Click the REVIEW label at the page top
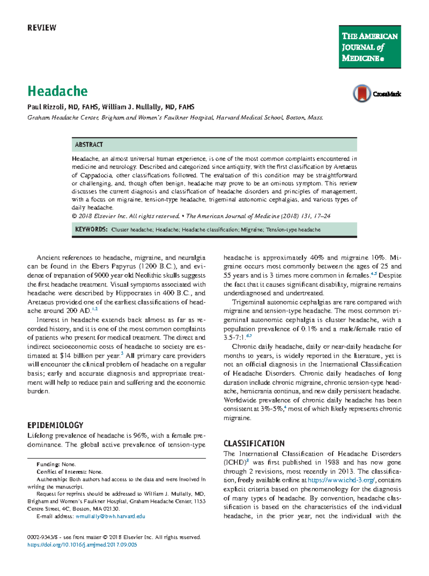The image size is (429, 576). tap(42, 28)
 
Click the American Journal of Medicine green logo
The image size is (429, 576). tap(370, 47)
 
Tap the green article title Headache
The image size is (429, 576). tap(58, 91)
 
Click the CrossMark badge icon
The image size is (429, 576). tap(362, 94)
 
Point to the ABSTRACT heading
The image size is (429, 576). tap(89, 145)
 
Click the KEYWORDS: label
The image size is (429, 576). tap(91, 230)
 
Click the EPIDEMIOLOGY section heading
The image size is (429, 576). tap(55, 425)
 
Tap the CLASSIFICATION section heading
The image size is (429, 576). tap(254, 444)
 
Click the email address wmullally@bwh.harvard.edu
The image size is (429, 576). tap(110, 516)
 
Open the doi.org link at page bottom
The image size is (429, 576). tap(82, 545)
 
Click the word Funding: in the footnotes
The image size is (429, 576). tap(48, 464)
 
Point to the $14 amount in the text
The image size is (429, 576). tap(66, 356)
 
